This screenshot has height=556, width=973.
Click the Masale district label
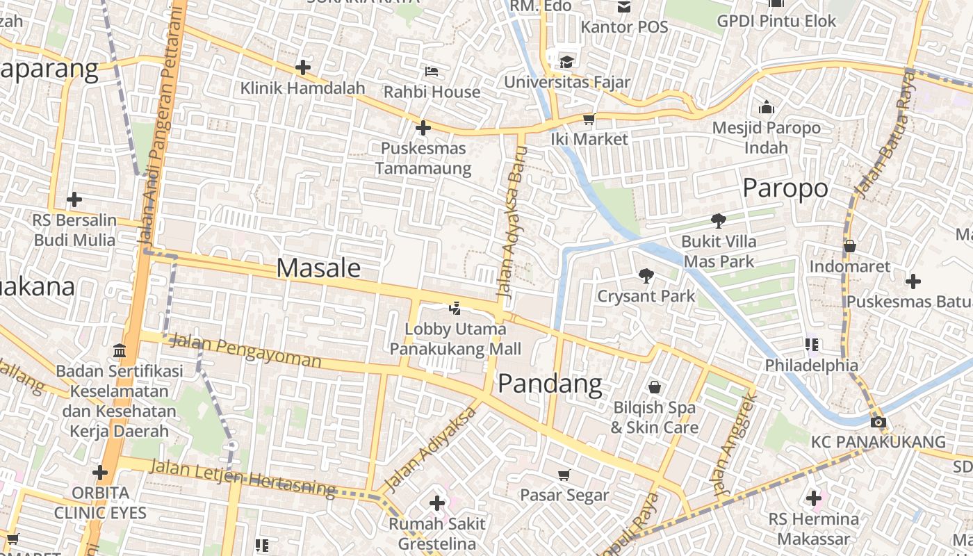pos(318,268)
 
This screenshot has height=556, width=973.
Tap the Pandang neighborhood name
pos(550,383)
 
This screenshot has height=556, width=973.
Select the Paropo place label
pos(785,188)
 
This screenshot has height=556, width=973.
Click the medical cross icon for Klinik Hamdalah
pos(302,67)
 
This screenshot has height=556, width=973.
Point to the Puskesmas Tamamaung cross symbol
pos(423,128)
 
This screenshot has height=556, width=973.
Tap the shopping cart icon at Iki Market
pos(589,120)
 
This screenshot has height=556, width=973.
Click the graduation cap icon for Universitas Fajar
pos(566,61)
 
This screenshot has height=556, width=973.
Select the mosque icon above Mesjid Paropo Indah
pos(767,107)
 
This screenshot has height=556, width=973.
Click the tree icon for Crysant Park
pos(646,275)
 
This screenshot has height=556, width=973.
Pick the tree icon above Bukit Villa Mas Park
pos(718,221)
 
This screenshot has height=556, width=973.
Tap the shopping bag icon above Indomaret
pos(849,245)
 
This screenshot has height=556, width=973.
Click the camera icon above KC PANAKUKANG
pos(878,422)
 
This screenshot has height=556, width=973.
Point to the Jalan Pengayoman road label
pos(245,350)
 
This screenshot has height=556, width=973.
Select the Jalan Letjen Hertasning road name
pos(243,477)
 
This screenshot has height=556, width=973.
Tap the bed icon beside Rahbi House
pos(431,71)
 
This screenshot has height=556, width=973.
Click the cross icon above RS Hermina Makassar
pos(813,498)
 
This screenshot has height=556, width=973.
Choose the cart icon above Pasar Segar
pos(564,475)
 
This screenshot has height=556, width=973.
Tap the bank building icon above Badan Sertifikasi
pos(119,350)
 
